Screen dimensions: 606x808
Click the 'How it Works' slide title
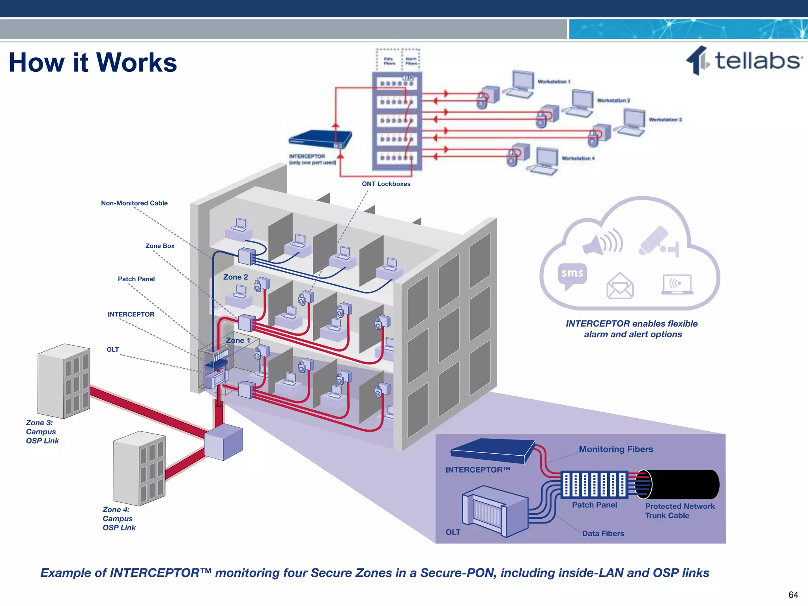pos(93,63)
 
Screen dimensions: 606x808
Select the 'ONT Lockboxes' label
pos(386,184)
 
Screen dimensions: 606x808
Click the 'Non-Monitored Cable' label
pos(134,203)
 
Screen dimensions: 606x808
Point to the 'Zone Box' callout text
pos(160,246)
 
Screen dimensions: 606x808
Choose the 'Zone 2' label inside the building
pos(236,277)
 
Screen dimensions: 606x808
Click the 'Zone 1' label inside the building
pos(238,340)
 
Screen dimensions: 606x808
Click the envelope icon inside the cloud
pos(620,286)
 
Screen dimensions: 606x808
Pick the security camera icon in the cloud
pos(657,241)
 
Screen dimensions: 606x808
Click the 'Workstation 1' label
pos(554,82)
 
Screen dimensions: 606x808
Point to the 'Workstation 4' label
pos(578,158)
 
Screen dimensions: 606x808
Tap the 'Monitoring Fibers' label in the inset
pos(615,449)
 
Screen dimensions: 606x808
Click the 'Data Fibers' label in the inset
pos(603,533)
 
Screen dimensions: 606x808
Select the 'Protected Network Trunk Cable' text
pos(679,511)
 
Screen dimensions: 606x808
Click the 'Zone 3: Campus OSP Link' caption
pos(42,432)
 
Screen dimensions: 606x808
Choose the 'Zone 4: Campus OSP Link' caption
pos(119,518)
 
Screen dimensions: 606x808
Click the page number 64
pos(793,595)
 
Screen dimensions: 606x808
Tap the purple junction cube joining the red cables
pos(223,442)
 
